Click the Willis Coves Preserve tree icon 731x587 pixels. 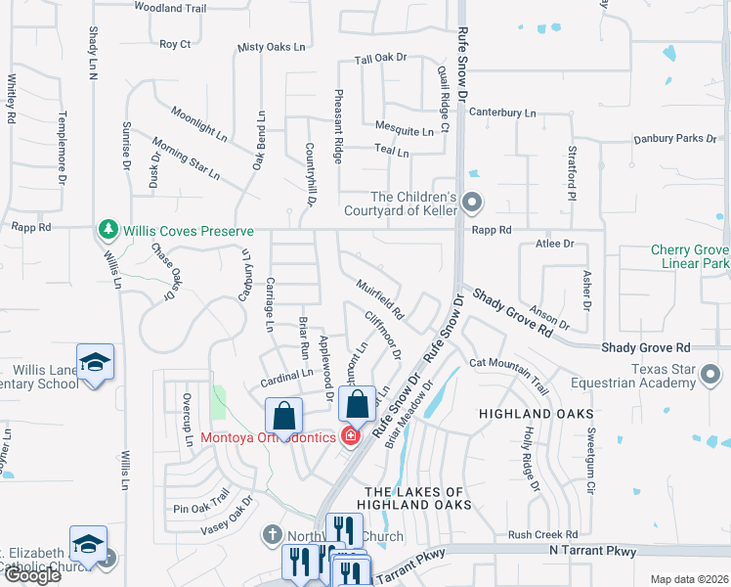pyautogui.click(x=107, y=231)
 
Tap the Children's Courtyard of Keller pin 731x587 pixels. pyautogui.click(x=473, y=203)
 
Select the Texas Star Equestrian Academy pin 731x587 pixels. pyautogui.click(x=712, y=375)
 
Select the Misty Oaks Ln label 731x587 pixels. pyautogui.click(x=272, y=47)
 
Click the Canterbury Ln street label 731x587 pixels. pyautogui.click(x=502, y=113)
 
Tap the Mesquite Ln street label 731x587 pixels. pyautogui.click(x=405, y=130)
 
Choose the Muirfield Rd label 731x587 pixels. pyautogui.click(x=380, y=299)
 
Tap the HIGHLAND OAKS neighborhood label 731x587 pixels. pyautogui.click(x=523, y=415)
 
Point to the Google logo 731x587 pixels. pyautogui.click(x=31, y=575)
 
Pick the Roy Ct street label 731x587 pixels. pyautogui.click(x=175, y=44)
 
